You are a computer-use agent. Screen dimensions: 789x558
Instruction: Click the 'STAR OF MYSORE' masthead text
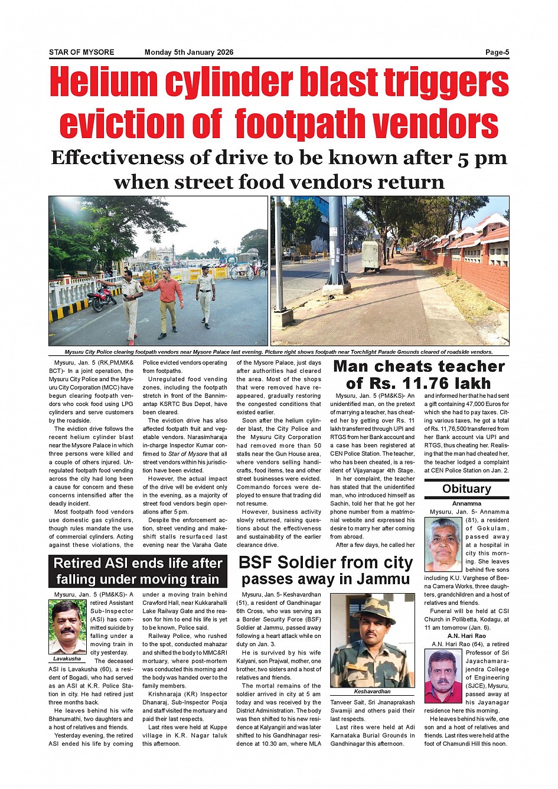pyautogui.click(x=81, y=52)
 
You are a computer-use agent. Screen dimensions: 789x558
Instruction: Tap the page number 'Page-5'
pyautogui.click(x=497, y=52)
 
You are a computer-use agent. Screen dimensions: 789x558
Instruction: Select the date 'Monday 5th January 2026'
pyautogui.click(x=189, y=52)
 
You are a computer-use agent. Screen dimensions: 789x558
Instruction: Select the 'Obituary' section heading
pyautogui.click(x=466, y=489)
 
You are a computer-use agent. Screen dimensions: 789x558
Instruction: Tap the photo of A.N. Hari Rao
pyautogui.click(x=443, y=675)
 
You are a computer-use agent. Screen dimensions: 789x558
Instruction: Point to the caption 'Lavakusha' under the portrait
pyautogui.click(x=67, y=658)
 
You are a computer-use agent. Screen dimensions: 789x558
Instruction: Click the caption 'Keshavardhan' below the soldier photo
pyautogui.click(x=372, y=691)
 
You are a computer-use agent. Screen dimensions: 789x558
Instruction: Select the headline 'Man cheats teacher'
pyautogui.click(x=419, y=366)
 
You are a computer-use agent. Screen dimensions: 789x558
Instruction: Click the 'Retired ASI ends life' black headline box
pyautogui.click(x=138, y=571)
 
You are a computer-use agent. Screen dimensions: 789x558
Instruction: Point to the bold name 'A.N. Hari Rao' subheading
pyautogui.click(x=466, y=636)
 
